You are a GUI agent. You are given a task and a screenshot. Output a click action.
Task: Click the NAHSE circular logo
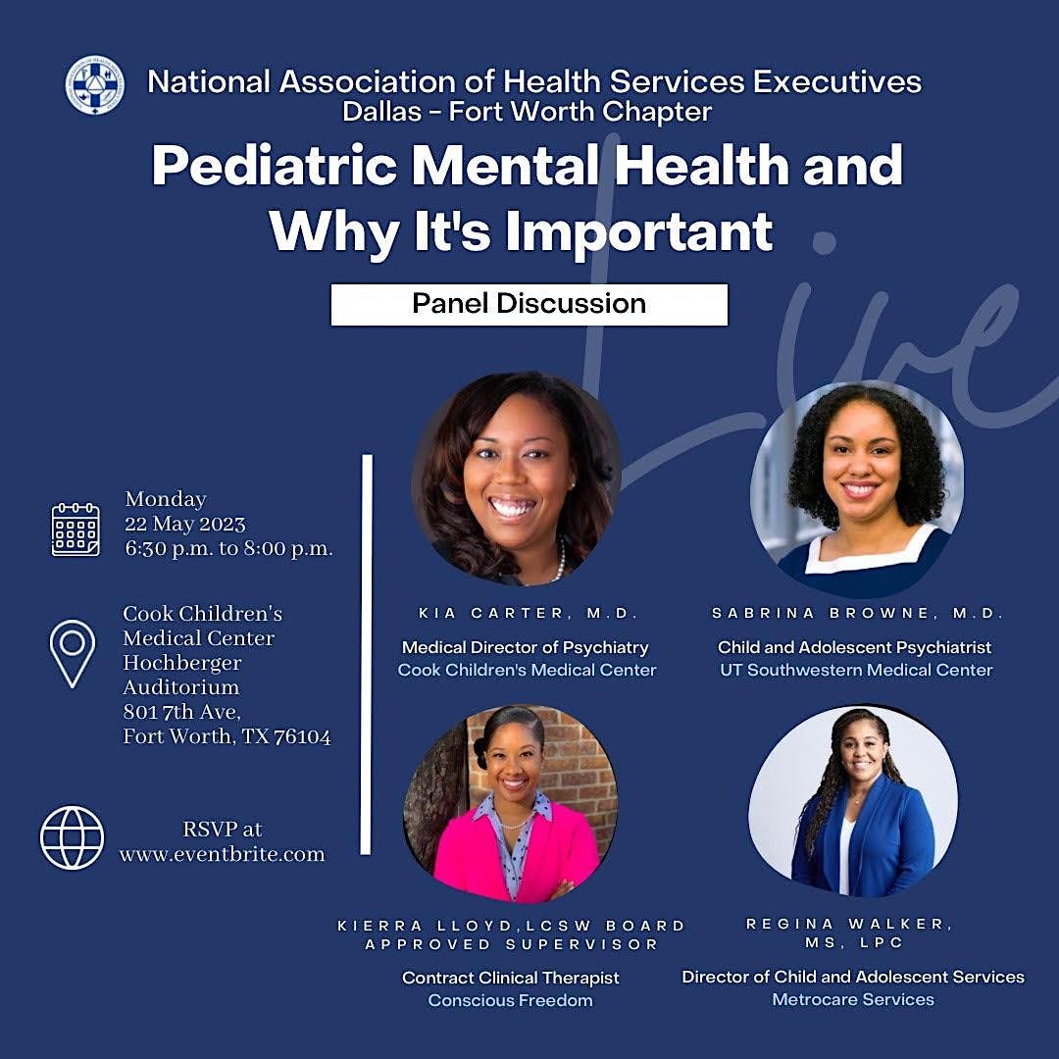click(94, 84)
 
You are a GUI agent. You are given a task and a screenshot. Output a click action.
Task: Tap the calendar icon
click(76, 529)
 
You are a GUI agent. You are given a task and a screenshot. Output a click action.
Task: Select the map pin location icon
click(74, 653)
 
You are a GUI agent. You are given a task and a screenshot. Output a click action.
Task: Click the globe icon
click(72, 837)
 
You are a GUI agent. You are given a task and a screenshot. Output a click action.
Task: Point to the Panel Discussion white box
click(529, 304)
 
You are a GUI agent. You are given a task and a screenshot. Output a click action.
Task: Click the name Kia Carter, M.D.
click(529, 613)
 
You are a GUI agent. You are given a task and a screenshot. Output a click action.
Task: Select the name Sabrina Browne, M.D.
click(858, 613)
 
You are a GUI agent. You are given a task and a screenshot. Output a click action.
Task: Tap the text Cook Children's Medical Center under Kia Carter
click(527, 670)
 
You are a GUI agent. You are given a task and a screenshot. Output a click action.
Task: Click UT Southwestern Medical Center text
click(855, 670)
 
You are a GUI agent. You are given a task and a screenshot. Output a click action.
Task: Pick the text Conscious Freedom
click(510, 1000)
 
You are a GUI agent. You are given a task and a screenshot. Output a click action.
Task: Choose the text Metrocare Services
click(853, 999)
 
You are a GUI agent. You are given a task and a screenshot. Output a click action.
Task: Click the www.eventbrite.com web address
click(222, 854)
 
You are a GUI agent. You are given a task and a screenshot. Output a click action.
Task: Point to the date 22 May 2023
click(184, 524)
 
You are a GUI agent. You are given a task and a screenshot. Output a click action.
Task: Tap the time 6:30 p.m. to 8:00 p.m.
click(228, 548)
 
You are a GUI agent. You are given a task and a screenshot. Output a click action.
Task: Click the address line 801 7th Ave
click(180, 712)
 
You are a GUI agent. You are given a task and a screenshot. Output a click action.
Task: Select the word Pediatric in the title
click(274, 167)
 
